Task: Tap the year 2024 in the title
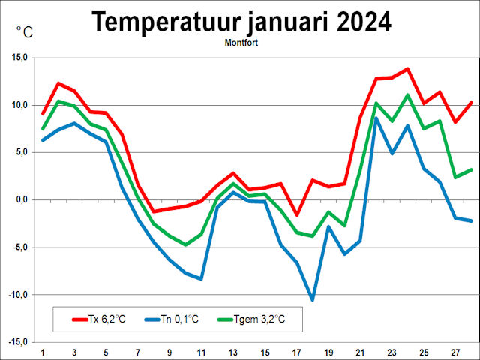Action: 355,22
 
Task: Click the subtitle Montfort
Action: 241,43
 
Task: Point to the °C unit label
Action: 25,31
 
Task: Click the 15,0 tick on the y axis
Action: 19,58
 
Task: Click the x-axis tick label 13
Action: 233,352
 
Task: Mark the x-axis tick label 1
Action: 43,352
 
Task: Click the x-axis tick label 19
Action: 328,352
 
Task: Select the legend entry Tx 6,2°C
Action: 98,319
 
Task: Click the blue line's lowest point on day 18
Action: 313,299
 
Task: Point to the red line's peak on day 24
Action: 407,69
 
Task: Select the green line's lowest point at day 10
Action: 186,244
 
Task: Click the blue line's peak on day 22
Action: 376,118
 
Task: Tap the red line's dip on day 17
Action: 297,214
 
